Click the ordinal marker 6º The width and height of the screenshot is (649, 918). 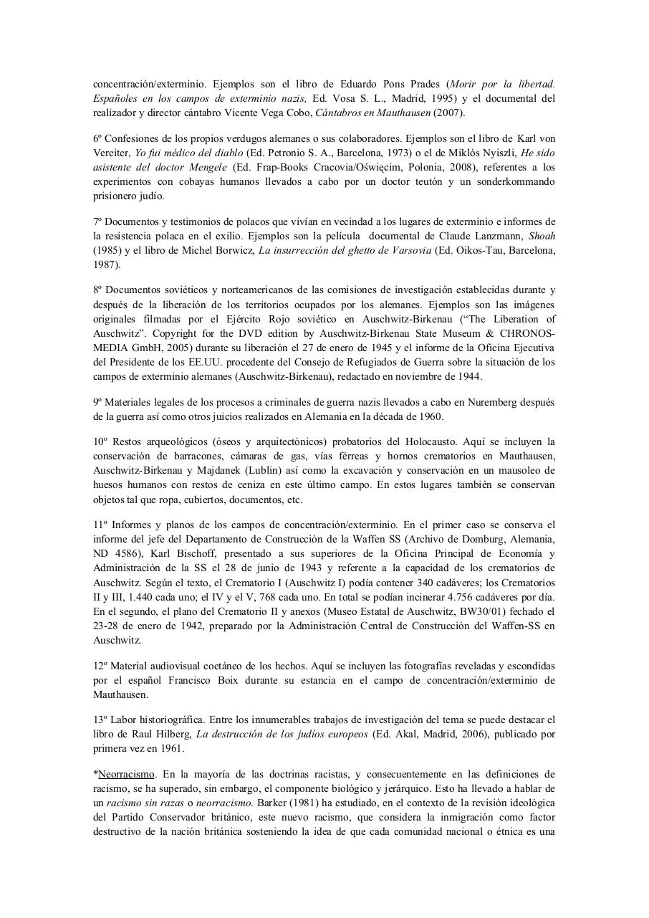click(x=98, y=138)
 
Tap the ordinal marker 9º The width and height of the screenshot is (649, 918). click(x=98, y=402)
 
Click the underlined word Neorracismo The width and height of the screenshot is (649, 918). click(x=127, y=774)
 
